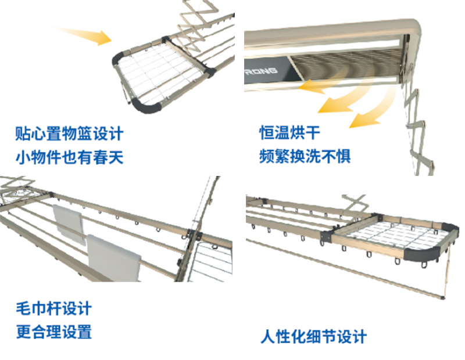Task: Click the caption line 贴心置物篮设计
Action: [x=69, y=134]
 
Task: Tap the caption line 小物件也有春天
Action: [x=69, y=157]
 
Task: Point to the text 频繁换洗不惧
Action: [x=305, y=157]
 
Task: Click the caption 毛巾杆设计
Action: [x=53, y=308]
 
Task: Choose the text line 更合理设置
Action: [x=53, y=332]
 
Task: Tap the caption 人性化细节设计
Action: [x=313, y=336]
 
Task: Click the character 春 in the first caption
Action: [x=99, y=157]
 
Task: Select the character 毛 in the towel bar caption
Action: [x=23, y=308]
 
